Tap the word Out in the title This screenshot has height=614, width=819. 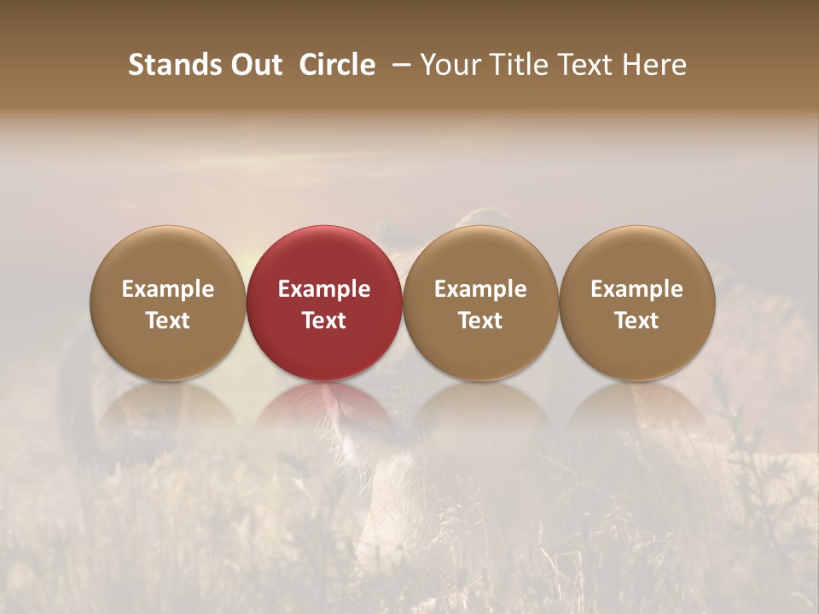(x=257, y=65)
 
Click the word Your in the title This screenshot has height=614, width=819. (x=449, y=65)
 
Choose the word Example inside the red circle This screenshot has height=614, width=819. (x=324, y=289)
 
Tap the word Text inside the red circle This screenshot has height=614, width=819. (x=324, y=321)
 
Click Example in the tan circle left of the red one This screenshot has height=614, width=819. (x=168, y=289)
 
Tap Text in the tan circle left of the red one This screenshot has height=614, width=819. (x=168, y=321)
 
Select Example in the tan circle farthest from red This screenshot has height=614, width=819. (x=637, y=289)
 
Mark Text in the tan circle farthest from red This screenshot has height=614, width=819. (x=637, y=321)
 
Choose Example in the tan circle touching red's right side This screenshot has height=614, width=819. (x=480, y=289)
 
